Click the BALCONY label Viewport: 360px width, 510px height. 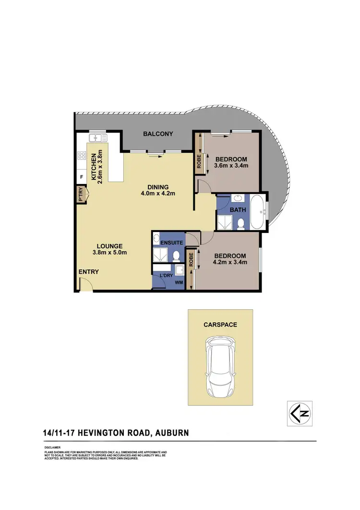[158, 134]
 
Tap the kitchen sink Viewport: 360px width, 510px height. [99, 137]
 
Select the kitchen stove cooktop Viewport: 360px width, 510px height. [82, 156]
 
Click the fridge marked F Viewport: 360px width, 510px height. [82, 177]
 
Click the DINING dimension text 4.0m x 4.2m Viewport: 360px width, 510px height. [158, 194]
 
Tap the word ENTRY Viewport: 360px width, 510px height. [89, 272]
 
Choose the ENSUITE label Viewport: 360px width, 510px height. [172, 243]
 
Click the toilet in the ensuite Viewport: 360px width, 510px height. [176, 255]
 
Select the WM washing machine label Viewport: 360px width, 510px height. [179, 283]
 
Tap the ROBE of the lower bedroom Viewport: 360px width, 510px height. [191, 259]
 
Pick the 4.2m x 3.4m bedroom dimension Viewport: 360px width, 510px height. [230, 262]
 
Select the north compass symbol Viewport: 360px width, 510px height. [299, 413]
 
